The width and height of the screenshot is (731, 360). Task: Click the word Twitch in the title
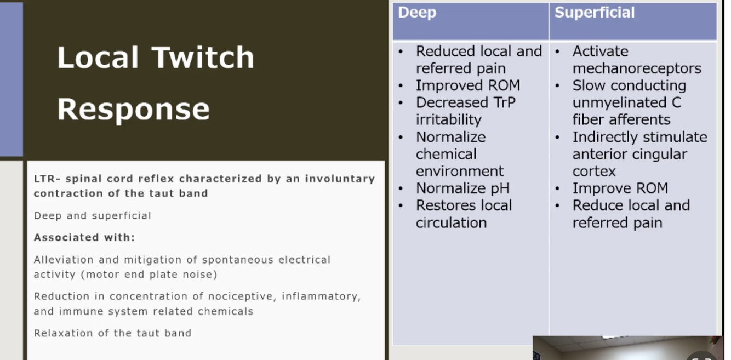click(203, 58)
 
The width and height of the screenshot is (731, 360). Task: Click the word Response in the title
click(133, 110)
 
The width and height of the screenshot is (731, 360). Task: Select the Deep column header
click(417, 13)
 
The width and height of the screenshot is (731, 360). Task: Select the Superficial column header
click(594, 13)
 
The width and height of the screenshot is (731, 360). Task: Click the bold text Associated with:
click(84, 237)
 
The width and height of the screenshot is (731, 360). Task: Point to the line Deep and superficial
click(93, 216)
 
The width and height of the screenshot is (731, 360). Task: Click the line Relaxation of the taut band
click(112, 333)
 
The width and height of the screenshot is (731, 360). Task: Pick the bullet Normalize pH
click(462, 188)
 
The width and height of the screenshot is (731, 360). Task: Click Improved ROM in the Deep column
click(468, 85)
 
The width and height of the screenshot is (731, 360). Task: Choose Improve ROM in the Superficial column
click(620, 188)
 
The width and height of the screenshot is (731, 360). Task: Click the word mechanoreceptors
click(637, 68)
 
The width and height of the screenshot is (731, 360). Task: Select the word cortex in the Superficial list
click(594, 172)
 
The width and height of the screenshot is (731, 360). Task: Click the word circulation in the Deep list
click(451, 223)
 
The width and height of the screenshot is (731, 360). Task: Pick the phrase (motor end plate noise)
click(149, 275)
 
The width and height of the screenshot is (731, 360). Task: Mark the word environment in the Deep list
click(460, 172)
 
